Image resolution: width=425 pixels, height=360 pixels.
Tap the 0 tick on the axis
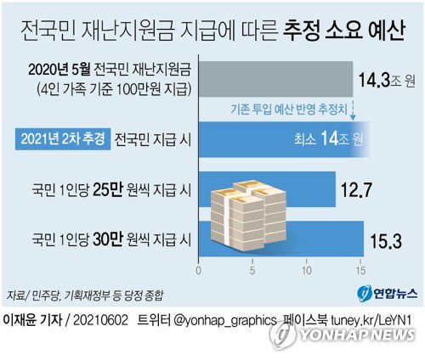point(198,272)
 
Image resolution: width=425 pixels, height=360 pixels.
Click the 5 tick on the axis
point(252,272)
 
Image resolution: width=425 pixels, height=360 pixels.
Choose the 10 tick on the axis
point(306,272)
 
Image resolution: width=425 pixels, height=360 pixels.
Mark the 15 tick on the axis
point(360,272)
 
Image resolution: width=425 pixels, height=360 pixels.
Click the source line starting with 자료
point(85,294)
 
